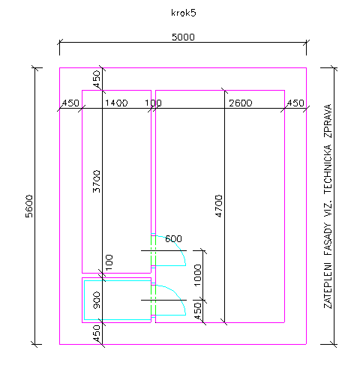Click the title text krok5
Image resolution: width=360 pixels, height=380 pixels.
pyautogui.click(x=184, y=13)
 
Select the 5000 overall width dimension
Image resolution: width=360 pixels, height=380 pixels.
pyautogui.click(x=183, y=37)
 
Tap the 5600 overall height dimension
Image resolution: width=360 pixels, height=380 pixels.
pyautogui.click(x=29, y=206)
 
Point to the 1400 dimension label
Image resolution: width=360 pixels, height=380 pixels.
pyautogui.click(x=116, y=103)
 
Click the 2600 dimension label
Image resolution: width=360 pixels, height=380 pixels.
pyautogui.click(x=241, y=103)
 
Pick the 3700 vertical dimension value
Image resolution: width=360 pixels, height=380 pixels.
pyautogui.click(x=97, y=181)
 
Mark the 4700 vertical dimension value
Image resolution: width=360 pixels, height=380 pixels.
pyautogui.click(x=219, y=206)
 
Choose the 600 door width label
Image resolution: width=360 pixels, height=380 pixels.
pyautogui.click(x=173, y=238)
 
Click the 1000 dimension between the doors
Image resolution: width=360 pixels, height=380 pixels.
pyautogui.click(x=197, y=275)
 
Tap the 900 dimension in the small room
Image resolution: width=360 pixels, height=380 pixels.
pyautogui.click(x=97, y=300)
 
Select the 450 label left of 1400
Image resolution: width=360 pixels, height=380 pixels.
pyautogui.click(x=70, y=103)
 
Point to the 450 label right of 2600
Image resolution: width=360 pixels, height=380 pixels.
pyautogui.click(x=295, y=103)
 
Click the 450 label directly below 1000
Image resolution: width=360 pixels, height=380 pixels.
pyautogui.click(x=197, y=311)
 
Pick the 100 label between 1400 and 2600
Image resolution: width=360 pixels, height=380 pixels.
pyautogui.click(x=154, y=103)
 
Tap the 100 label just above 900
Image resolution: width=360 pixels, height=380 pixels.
pyautogui.click(x=109, y=262)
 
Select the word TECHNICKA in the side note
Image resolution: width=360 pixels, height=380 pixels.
pyautogui.click(x=328, y=169)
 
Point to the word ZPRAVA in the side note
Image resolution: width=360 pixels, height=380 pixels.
pyautogui.click(x=328, y=121)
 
